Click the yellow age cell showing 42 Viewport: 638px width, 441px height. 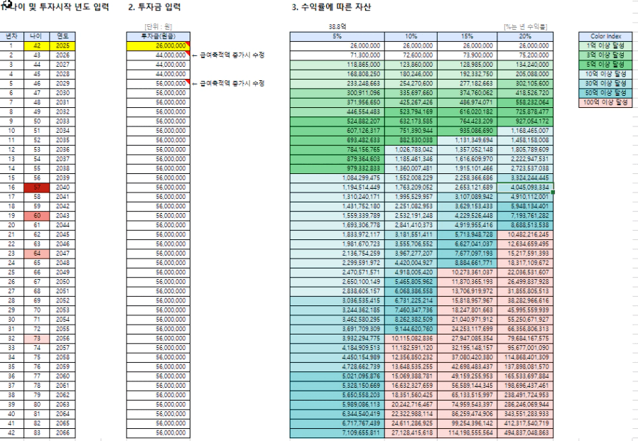(37, 45)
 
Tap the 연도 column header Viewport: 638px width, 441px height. (63, 35)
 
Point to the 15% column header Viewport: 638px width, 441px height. (467, 35)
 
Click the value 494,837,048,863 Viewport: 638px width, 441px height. (524, 433)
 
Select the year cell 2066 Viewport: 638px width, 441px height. (63, 433)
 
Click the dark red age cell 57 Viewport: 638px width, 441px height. (37, 187)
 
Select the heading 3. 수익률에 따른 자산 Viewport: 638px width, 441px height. (331, 7)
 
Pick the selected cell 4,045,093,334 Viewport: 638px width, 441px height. (524, 187)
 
